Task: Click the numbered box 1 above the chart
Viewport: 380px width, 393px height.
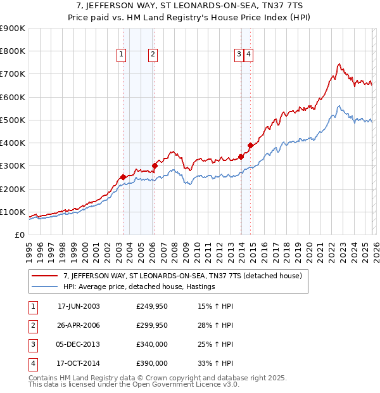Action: [x=121, y=55]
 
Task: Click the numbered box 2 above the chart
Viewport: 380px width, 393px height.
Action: [x=153, y=55]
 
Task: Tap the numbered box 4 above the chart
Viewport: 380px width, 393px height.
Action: [x=249, y=55]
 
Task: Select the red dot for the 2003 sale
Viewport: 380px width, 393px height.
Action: [x=123, y=177]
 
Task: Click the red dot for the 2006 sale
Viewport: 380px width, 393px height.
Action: [x=155, y=165]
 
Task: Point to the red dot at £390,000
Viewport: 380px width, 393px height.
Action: [x=250, y=145]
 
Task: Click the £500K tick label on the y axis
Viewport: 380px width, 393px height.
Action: [x=12, y=120]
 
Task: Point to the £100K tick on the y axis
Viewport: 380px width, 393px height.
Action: [x=12, y=212]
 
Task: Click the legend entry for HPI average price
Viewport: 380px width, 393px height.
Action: [x=139, y=287]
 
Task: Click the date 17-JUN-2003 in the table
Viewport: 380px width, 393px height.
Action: [x=79, y=306]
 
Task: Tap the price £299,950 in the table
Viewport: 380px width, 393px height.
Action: [x=152, y=325]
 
